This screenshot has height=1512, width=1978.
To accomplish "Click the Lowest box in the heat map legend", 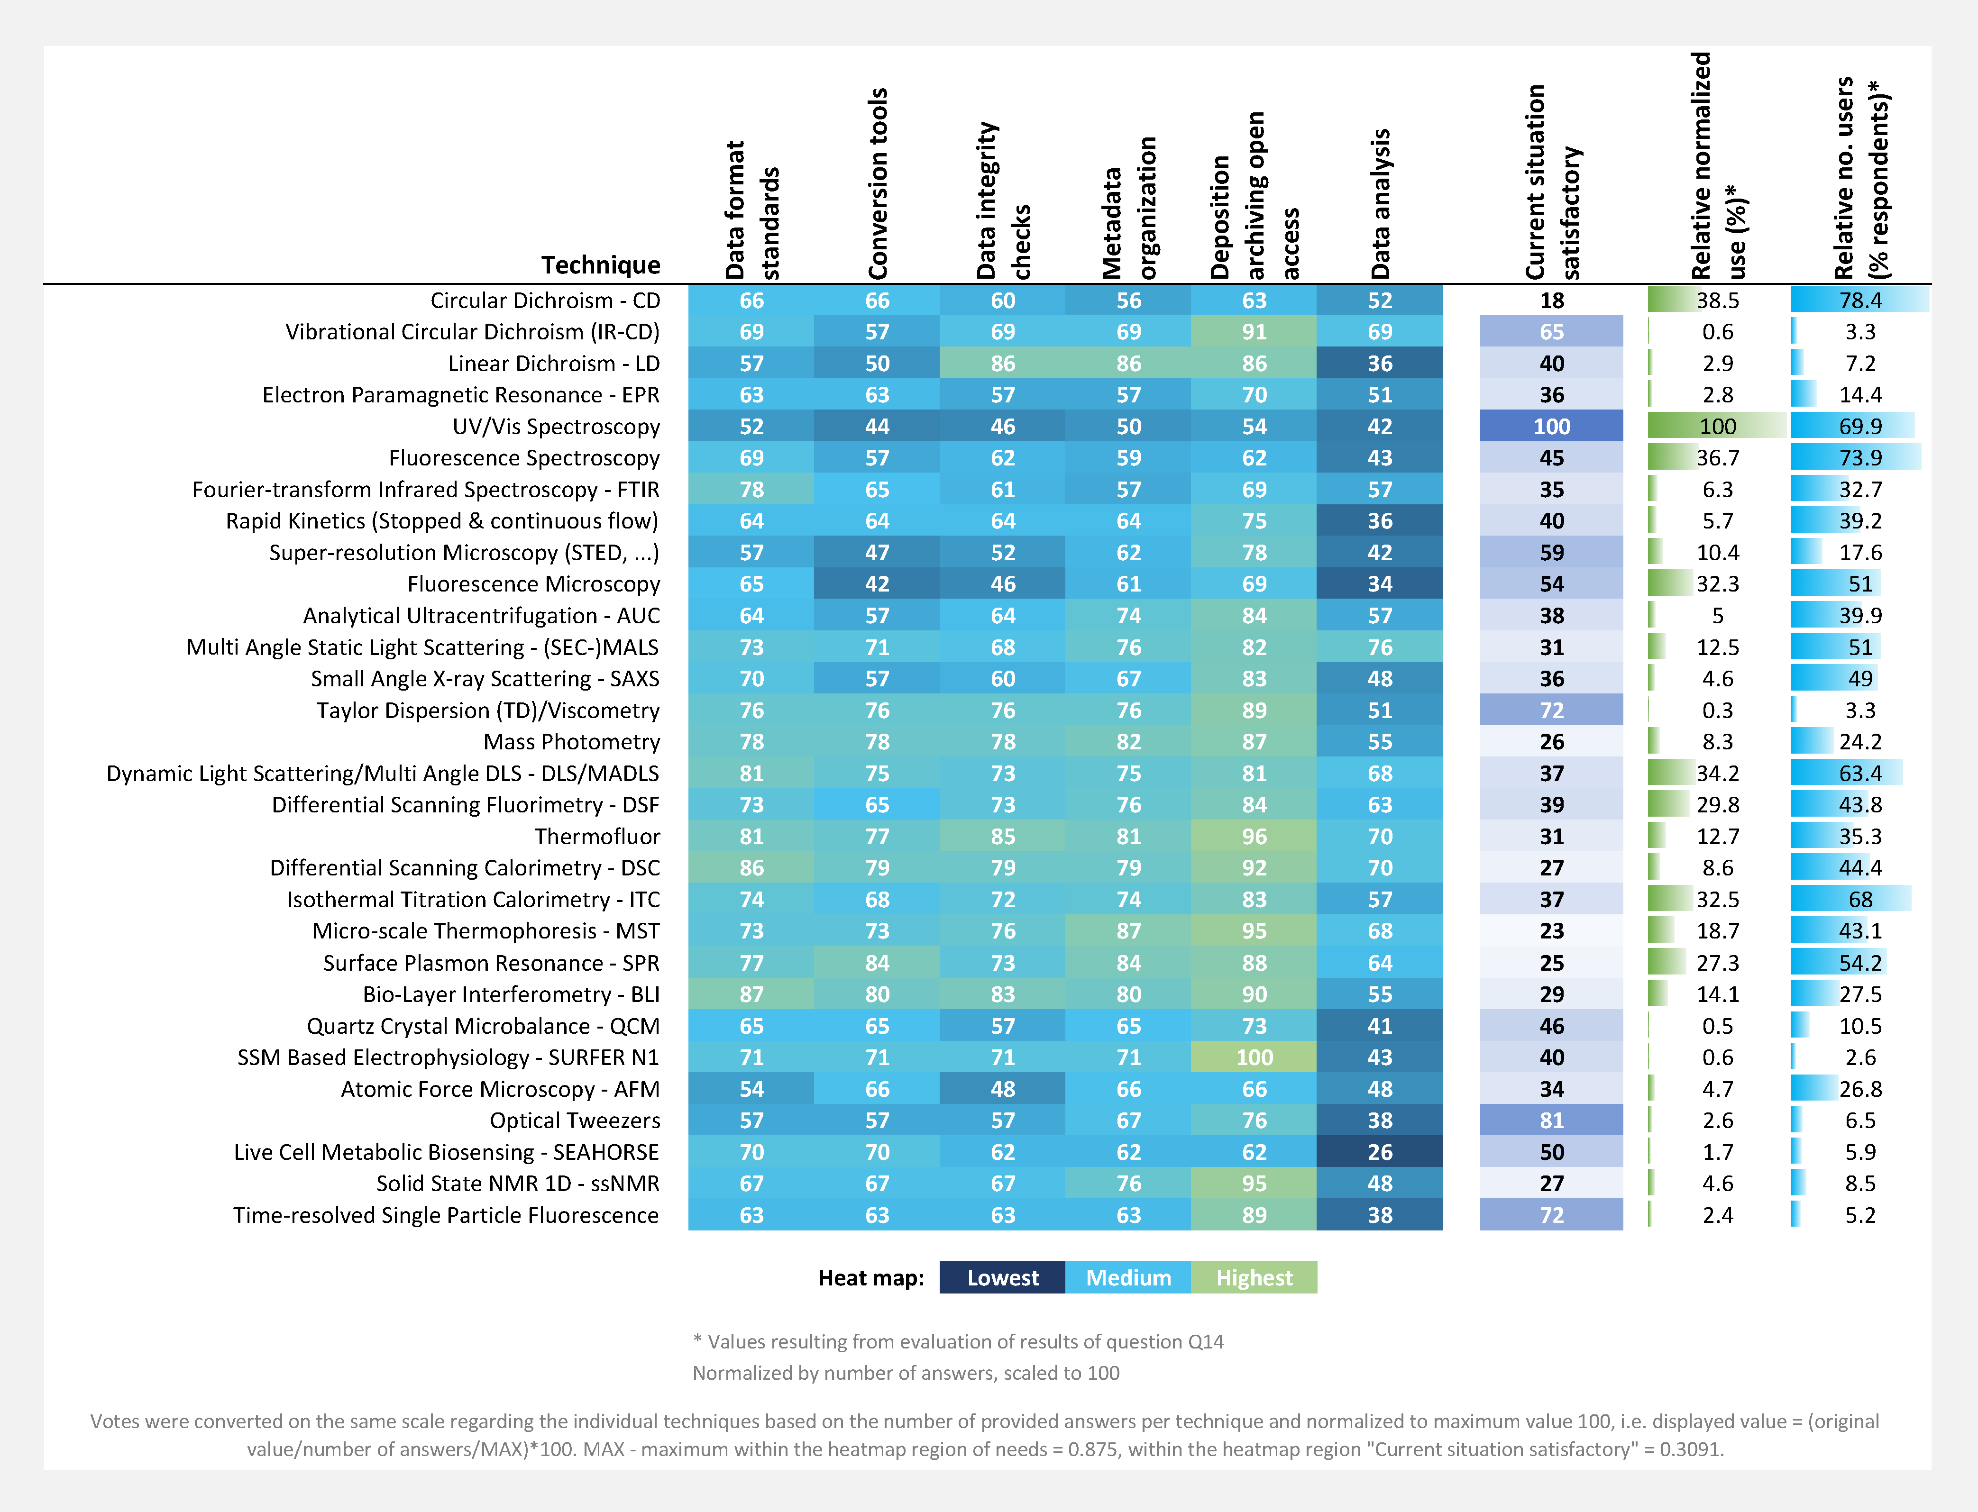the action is (x=1002, y=1278).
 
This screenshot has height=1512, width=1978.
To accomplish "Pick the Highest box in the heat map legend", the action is (x=1254, y=1278).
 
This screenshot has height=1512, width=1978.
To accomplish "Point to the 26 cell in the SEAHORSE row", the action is (x=1379, y=1152).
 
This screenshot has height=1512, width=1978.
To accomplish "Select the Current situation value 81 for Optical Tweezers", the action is (x=1551, y=1120).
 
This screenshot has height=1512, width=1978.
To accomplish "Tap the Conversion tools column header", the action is (x=878, y=183).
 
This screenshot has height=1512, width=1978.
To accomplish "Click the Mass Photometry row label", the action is (x=572, y=742).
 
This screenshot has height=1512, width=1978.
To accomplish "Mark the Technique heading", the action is (x=601, y=264).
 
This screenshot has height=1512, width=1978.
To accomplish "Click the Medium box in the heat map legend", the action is (x=1128, y=1278).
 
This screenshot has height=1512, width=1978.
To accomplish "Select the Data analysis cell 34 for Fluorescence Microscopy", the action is (x=1379, y=584).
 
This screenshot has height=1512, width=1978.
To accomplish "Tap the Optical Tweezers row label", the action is (x=575, y=1120).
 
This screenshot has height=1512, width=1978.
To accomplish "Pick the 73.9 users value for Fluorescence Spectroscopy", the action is (x=1860, y=458).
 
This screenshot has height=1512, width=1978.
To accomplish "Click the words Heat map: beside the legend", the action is (x=870, y=1278).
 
